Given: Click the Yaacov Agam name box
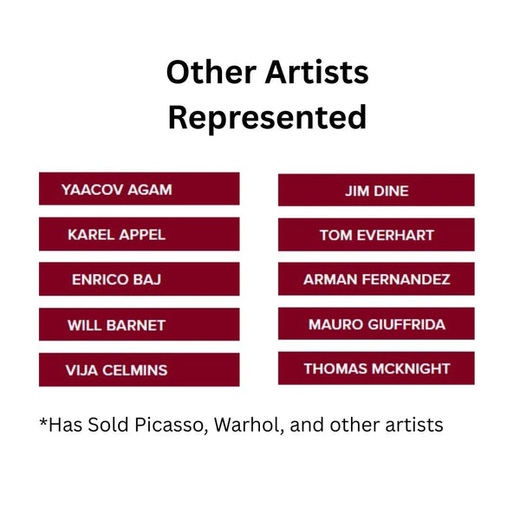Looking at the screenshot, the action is pyautogui.click(x=140, y=189).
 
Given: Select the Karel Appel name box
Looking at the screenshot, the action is pyautogui.click(x=140, y=234).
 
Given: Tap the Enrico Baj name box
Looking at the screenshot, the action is pyautogui.click(x=140, y=279).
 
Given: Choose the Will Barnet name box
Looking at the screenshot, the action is pyautogui.click(x=140, y=324).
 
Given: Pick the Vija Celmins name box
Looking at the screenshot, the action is pyautogui.click(x=140, y=370).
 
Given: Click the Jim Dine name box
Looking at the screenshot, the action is pyautogui.click(x=376, y=190).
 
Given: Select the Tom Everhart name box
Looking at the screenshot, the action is pyautogui.click(x=376, y=235).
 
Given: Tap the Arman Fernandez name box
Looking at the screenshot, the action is pyautogui.click(x=376, y=279).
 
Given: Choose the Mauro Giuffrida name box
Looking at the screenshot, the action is pyautogui.click(x=376, y=323).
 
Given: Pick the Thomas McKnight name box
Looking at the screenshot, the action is pyautogui.click(x=376, y=368).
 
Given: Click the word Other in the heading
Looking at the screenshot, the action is pyautogui.click(x=211, y=72).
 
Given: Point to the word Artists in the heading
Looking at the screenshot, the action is pyautogui.click(x=317, y=72).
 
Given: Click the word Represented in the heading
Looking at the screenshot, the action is pyautogui.click(x=267, y=118).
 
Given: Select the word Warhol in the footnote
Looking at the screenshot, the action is pyautogui.click(x=249, y=425).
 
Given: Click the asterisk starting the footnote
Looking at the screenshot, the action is pyautogui.click(x=43, y=422).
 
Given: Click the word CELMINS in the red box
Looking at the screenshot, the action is pyautogui.click(x=134, y=370).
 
